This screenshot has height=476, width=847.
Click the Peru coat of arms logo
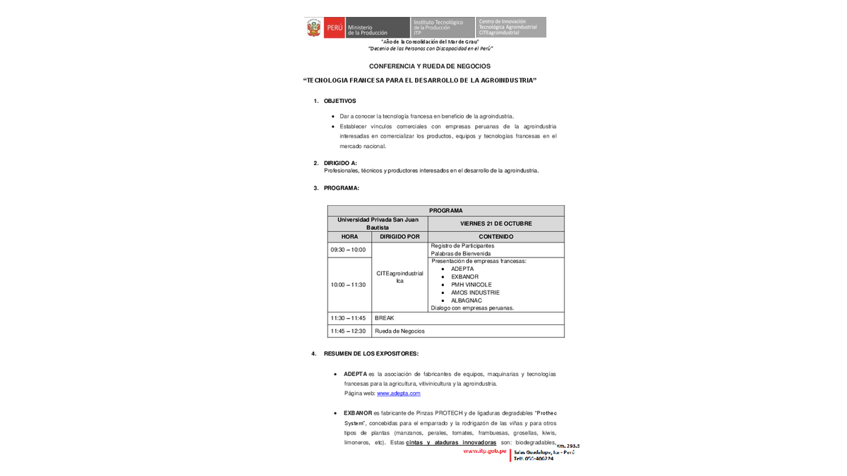tap(314, 28)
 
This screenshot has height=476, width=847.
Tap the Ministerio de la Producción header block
tap(367, 28)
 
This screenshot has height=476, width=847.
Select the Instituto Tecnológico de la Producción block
tap(443, 28)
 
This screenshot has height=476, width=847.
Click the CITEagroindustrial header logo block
tap(511, 28)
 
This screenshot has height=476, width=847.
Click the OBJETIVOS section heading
tap(340, 101)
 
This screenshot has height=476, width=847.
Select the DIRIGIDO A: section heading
tap(340, 163)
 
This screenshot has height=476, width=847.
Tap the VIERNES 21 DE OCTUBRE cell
tap(495, 224)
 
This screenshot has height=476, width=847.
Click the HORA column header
tap(349, 237)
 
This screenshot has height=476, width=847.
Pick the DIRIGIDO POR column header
tap(400, 237)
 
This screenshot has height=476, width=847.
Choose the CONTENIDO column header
tap(495, 237)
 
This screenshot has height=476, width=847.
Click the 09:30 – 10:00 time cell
tap(348, 250)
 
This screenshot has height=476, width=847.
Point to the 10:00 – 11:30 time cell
tap(348, 285)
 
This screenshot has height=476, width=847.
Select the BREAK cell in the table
tap(385, 318)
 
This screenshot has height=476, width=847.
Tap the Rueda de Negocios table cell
tap(400, 331)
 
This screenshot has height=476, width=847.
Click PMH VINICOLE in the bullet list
tap(471, 285)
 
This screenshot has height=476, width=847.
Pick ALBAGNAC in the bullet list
tap(467, 300)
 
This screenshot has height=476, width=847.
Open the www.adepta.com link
tap(398, 393)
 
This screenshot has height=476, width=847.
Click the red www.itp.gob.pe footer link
tap(485, 451)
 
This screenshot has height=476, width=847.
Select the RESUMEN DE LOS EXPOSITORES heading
tap(371, 353)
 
